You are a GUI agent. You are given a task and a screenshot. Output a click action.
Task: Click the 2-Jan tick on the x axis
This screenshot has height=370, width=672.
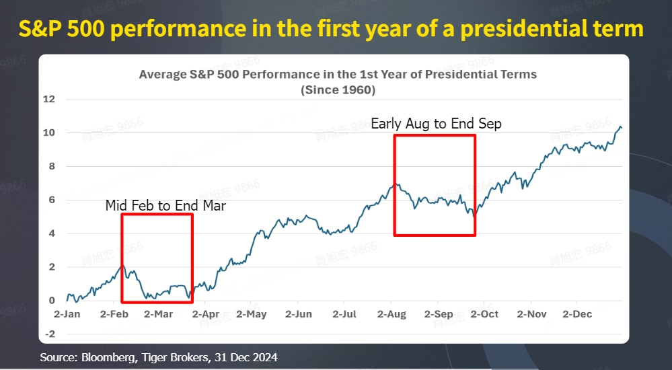pos(67,314)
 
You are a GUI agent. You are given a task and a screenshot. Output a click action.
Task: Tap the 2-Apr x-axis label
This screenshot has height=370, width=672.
pos(206,314)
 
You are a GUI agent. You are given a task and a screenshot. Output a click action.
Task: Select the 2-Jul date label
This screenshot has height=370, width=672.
pos(344,314)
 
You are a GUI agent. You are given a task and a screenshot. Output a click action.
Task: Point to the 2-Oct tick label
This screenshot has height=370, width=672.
pos(484,314)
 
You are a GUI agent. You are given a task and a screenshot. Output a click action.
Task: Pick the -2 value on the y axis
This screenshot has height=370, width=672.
pos(50,334)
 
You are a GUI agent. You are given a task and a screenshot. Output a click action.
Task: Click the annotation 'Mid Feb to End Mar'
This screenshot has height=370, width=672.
pos(165,206)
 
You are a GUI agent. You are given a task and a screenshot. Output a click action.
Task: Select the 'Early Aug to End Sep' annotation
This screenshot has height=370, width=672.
pos(436,124)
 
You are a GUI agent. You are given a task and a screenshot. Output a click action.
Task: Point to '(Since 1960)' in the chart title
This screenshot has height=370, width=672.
pos(338,89)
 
